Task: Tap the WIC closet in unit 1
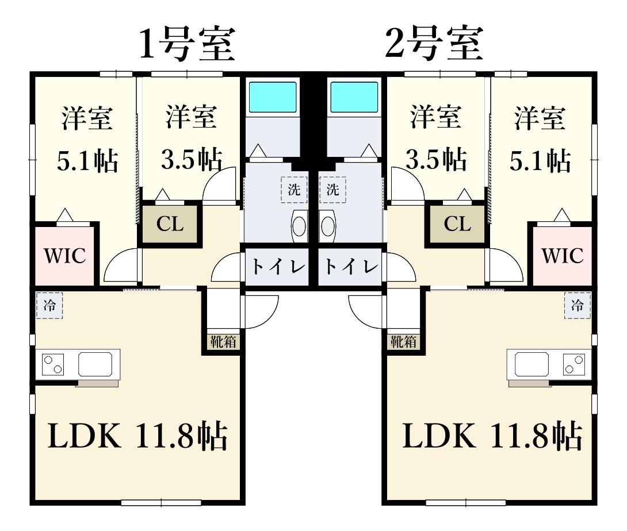(65, 256)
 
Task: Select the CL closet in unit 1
(170, 224)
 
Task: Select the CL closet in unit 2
(457, 224)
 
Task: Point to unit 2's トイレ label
(351, 267)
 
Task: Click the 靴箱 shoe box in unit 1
(223, 342)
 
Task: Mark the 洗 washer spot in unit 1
(294, 190)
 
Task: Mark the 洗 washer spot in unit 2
(332, 190)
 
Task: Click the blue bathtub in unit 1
(272, 97)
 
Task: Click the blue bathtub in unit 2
(354, 97)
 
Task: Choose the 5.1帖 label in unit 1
(87, 162)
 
